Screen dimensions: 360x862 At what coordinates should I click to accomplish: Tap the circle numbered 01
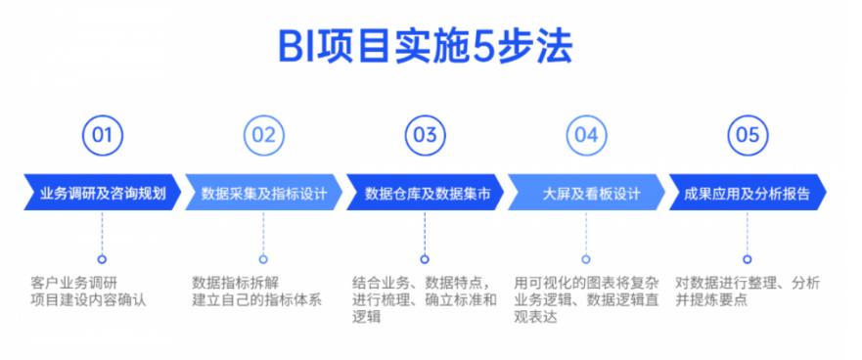click(x=102, y=136)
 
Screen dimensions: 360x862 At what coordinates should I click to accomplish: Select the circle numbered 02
click(x=263, y=136)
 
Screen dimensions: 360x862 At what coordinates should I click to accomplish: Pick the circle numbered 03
click(x=425, y=136)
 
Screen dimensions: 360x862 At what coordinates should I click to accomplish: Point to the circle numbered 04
click(x=585, y=136)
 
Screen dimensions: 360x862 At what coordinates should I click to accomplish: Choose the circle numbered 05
click(x=747, y=136)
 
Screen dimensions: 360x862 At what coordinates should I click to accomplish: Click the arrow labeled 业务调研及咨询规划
click(x=102, y=193)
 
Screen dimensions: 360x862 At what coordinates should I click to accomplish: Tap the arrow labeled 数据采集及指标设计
click(x=263, y=193)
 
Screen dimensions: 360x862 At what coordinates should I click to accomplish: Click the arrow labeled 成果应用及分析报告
click(x=747, y=193)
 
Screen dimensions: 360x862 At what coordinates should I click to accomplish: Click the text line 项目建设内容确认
click(x=87, y=299)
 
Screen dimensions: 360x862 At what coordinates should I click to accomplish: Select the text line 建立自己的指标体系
click(x=256, y=299)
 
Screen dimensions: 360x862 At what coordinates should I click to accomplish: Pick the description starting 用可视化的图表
click(x=585, y=299)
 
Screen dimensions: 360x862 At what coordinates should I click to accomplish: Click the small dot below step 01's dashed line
click(x=102, y=259)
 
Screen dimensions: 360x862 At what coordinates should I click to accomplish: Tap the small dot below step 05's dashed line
click(x=747, y=259)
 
